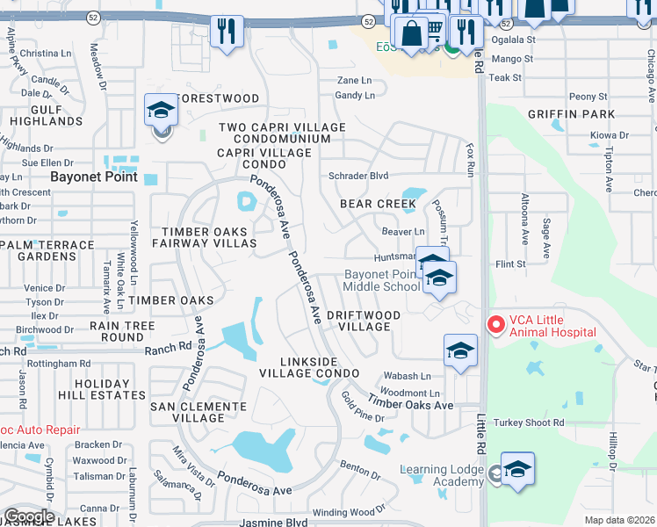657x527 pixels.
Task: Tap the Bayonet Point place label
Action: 94,177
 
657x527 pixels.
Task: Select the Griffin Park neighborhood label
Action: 571,114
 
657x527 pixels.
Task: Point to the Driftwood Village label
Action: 364,321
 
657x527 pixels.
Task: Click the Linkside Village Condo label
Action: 309,367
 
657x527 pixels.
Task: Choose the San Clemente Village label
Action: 199,412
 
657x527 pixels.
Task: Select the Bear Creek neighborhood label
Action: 378,204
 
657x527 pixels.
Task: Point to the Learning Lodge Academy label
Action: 442,475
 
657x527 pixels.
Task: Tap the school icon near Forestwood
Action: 162,111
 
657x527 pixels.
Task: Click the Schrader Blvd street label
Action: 358,176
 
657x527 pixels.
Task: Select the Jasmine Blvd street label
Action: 273,523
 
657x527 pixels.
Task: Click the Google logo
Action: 29,516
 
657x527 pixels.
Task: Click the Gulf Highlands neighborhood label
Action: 34,114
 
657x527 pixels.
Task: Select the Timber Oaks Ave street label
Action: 410,403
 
